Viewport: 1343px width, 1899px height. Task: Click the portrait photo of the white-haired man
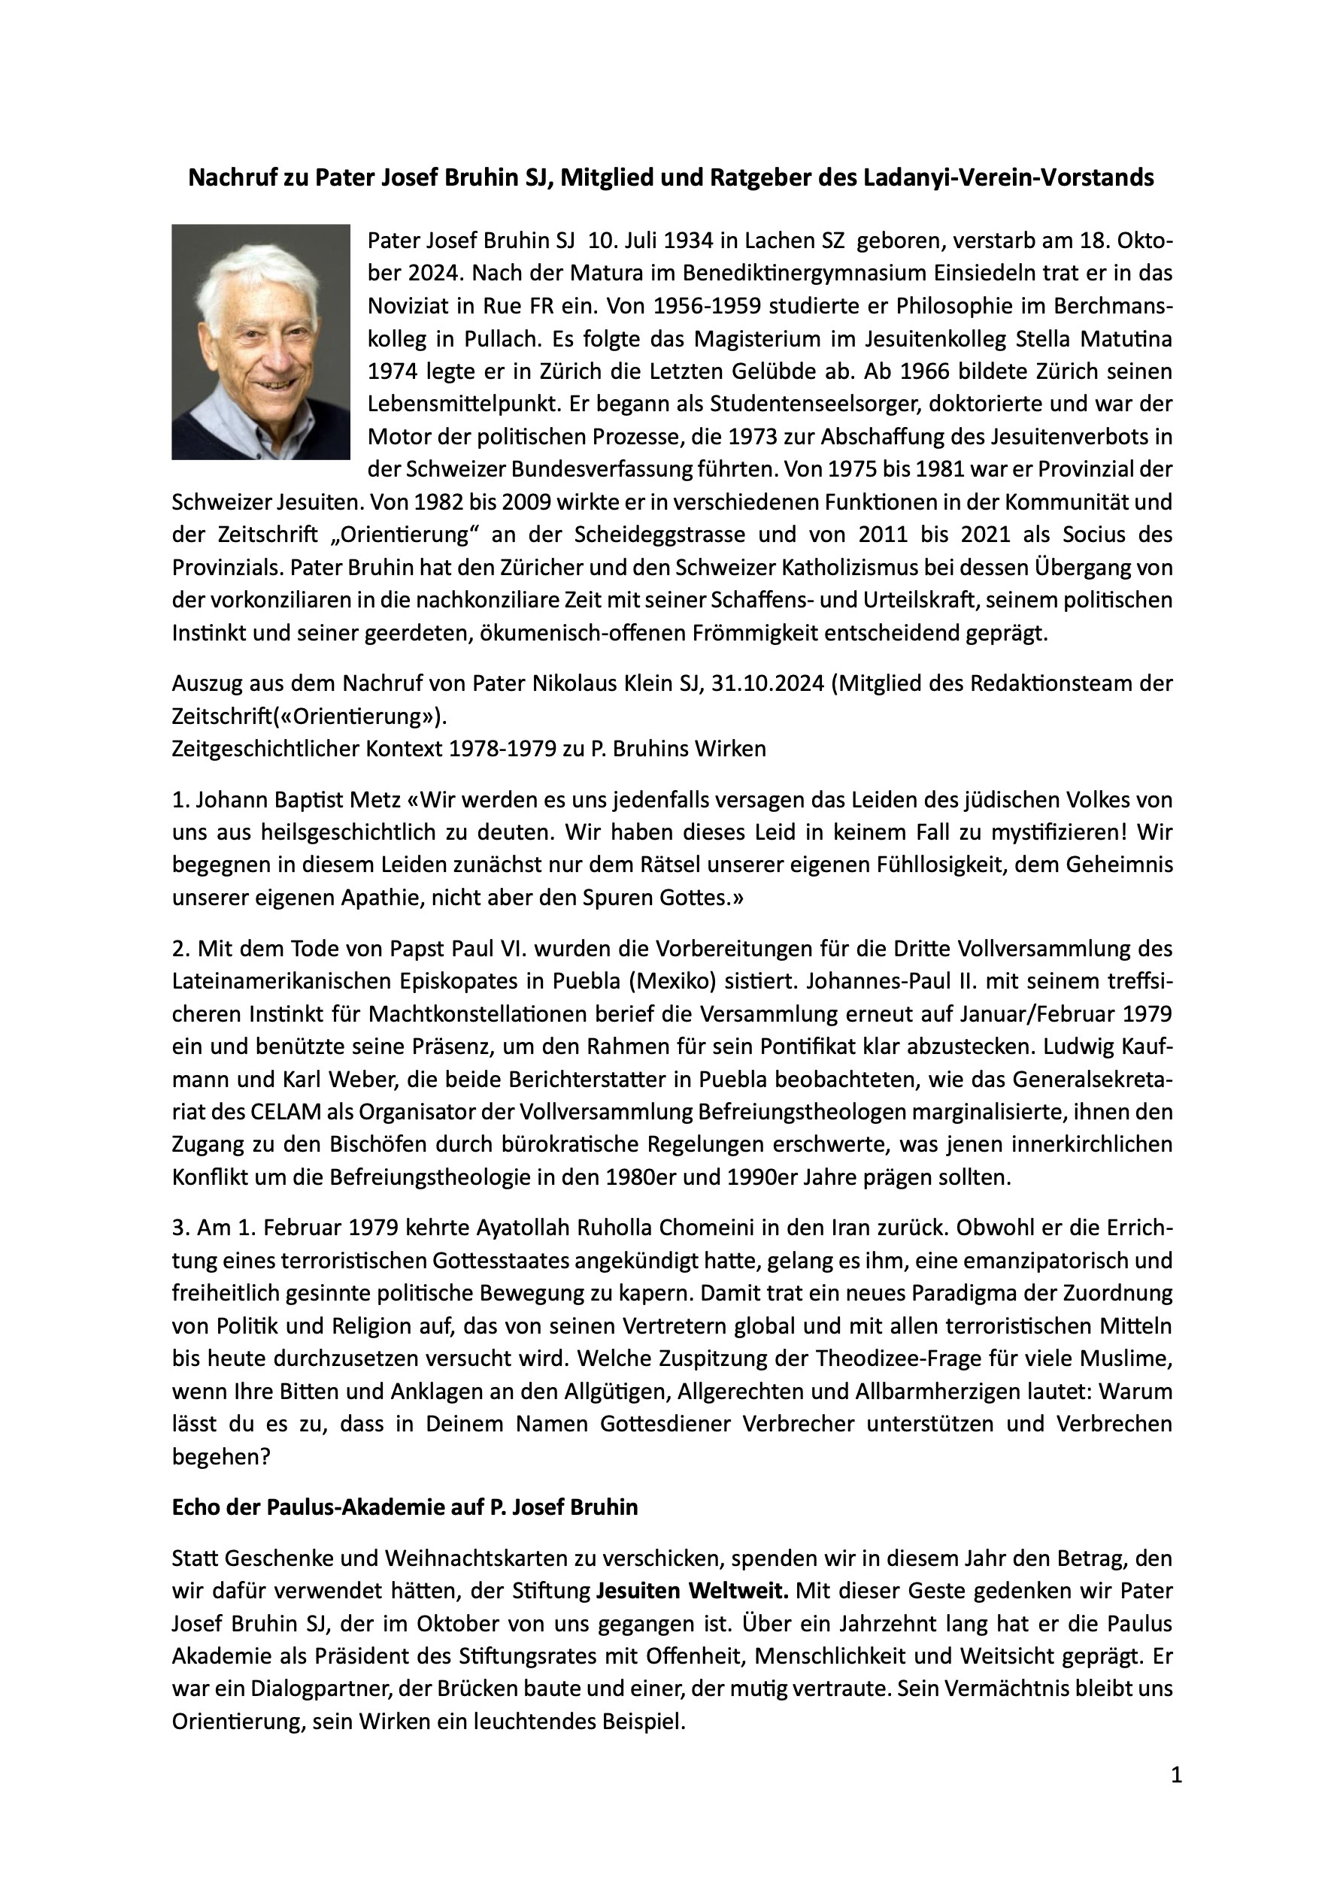[x=261, y=341]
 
